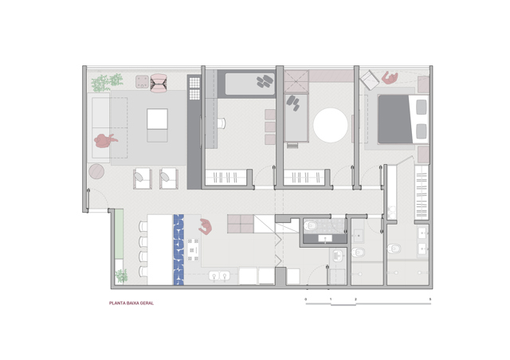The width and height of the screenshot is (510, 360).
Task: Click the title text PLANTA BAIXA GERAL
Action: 131,303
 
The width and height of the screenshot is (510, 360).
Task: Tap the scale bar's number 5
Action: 430,299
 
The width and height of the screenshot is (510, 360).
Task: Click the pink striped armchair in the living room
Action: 159,83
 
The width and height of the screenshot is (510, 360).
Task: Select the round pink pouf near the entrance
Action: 96,171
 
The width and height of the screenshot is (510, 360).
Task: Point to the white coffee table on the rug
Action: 157,119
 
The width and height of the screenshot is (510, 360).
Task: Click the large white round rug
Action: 331,125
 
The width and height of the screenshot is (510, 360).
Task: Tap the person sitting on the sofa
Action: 105,140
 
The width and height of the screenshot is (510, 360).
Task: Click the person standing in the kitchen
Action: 206,226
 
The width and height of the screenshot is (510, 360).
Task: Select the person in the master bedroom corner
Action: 390,78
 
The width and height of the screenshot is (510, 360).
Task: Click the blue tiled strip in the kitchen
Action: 178,249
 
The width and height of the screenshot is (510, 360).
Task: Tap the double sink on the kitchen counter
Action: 219,276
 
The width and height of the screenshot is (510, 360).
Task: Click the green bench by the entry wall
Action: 119,234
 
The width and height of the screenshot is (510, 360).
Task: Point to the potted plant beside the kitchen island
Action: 121,276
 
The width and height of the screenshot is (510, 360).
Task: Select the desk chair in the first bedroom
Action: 222,123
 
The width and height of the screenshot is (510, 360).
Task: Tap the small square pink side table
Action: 142,81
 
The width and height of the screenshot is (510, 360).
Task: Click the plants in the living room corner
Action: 106,82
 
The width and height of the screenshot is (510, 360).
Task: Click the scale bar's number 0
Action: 305,299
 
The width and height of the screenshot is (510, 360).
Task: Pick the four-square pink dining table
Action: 241,224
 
